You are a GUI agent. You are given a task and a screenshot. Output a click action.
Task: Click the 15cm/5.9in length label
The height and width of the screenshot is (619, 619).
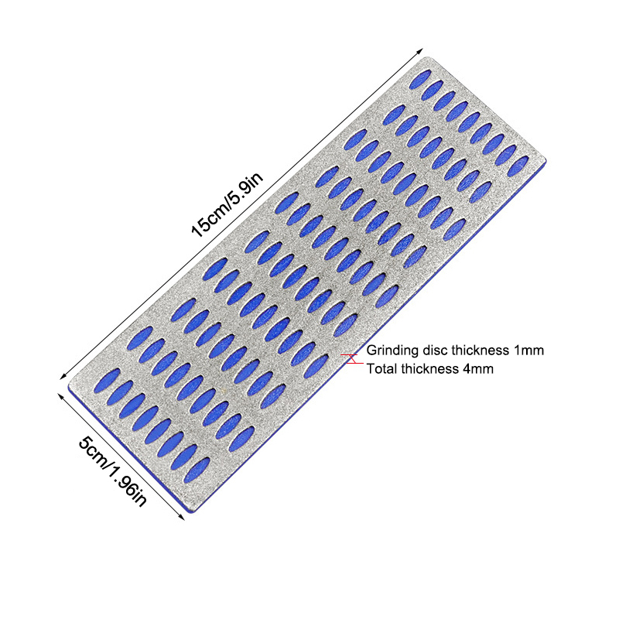coord(227,205)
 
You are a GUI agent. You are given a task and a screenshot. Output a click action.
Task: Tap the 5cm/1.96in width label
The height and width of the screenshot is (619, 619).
coord(113,471)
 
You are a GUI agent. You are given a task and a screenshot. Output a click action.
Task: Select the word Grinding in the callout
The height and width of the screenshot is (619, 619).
coord(392,351)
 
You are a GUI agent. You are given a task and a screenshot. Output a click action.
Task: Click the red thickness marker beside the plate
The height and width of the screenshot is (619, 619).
coord(352,358)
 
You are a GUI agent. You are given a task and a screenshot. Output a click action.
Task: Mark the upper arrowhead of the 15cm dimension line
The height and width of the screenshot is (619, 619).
coord(422,49)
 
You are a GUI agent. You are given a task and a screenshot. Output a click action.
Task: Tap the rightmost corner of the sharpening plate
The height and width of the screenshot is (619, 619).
coord(546,159)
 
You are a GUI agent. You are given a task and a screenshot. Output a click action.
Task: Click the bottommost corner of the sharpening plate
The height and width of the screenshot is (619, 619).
coord(192,511)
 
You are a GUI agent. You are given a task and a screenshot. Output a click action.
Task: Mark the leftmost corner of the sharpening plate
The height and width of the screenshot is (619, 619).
coord(68,385)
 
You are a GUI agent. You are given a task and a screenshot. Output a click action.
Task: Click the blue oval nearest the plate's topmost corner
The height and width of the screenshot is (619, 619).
coord(420,80)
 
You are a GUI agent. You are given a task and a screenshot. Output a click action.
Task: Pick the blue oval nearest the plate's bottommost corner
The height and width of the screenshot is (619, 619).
coord(197,470)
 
